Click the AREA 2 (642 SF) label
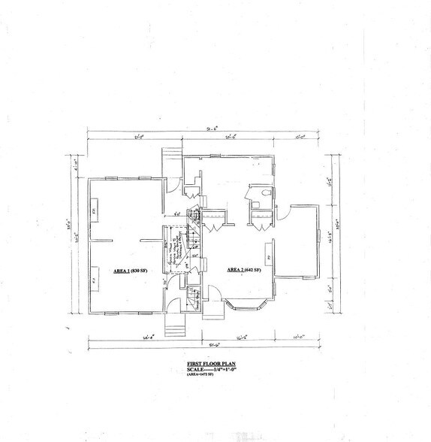[x=243, y=269]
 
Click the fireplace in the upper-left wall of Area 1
[x=94, y=210]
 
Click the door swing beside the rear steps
[x=192, y=180]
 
